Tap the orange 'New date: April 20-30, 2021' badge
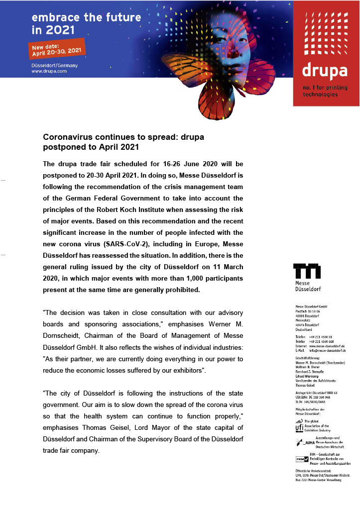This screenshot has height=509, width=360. pyautogui.click(x=57, y=49)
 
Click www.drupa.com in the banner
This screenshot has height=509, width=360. pyautogui.click(x=49, y=71)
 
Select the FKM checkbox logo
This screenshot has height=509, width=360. pyautogui.click(x=302, y=459)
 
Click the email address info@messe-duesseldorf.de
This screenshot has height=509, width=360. pyautogui.click(x=327, y=350)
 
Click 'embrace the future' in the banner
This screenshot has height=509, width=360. pyautogui.click(x=86, y=17)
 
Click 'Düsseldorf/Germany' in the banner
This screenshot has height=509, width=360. pyautogui.click(x=55, y=65)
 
